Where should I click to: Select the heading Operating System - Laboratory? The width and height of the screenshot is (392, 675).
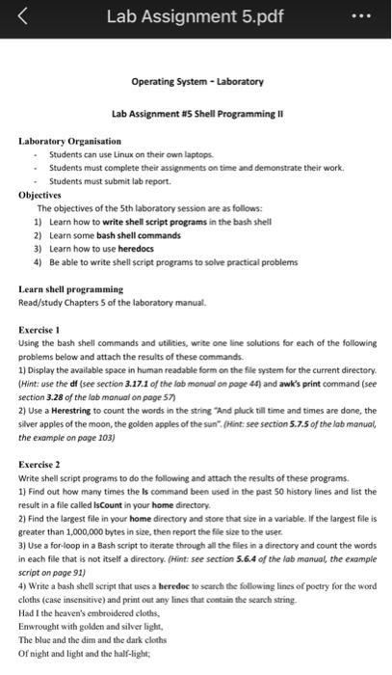click(x=196, y=82)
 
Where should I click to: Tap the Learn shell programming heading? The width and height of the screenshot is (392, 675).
click(x=71, y=289)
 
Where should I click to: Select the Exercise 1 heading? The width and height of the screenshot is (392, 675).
click(x=44, y=330)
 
